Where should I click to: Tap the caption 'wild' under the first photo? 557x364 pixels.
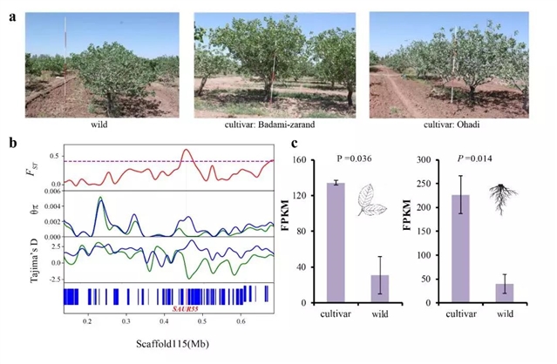click(x=98, y=124)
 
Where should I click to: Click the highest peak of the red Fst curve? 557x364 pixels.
click(x=186, y=151)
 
